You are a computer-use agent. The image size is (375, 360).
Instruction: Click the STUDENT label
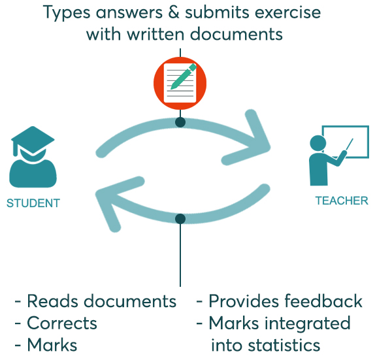pos(33,203)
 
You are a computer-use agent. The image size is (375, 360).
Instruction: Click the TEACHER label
pos(342,201)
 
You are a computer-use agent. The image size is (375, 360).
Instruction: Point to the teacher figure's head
pos(318,143)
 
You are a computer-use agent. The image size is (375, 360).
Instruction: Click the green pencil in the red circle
pos(184,76)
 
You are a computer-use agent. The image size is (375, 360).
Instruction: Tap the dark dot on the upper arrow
pos(180,122)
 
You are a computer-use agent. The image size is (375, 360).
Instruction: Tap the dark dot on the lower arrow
pos(180,219)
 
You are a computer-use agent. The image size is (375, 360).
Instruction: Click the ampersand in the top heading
pos(173,12)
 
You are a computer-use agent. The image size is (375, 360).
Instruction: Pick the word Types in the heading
pos(67,13)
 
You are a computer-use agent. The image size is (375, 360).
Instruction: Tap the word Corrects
pos(62,323)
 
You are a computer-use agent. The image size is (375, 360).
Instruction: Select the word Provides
pos(243,301)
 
